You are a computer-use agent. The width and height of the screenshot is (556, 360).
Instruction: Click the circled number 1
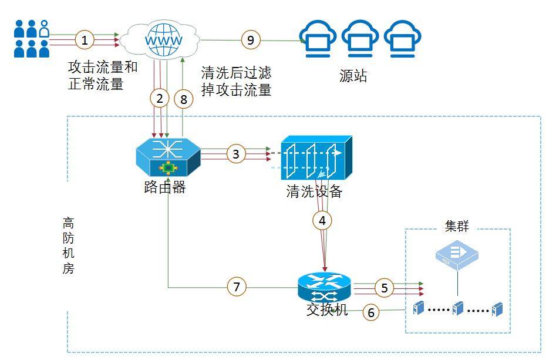[x=85, y=41]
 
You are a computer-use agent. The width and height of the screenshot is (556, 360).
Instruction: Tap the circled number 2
[x=159, y=99]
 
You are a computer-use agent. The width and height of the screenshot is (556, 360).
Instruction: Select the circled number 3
[x=236, y=154]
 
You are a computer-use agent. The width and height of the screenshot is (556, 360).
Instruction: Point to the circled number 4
[x=322, y=221]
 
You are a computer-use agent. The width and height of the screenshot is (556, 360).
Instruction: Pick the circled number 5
[x=385, y=288]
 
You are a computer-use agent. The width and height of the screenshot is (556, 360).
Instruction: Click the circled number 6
[x=371, y=312]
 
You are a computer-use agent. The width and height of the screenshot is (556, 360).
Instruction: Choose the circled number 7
[x=237, y=287]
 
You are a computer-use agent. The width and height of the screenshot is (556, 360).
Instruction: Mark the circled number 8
[x=184, y=99]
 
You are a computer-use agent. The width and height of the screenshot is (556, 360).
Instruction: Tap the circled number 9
[x=251, y=40]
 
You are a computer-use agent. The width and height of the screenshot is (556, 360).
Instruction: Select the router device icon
[x=167, y=157]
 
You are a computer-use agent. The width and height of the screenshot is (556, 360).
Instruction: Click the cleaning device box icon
[x=315, y=158]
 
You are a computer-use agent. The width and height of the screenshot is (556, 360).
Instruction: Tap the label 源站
[x=353, y=76]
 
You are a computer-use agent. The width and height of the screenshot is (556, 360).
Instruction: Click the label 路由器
[x=164, y=188]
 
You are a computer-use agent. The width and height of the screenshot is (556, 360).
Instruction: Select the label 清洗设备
[x=314, y=192]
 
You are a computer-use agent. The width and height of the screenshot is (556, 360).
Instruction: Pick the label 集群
[x=457, y=227]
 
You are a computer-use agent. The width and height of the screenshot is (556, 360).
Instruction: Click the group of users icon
[x=32, y=39]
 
